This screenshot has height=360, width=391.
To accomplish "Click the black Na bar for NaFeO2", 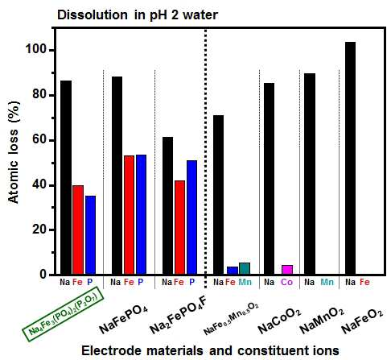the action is tap(350, 158).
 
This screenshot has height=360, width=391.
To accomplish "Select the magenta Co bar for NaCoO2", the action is tap(287, 270).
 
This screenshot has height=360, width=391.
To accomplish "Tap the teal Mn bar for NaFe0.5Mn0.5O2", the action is tap(245, 269).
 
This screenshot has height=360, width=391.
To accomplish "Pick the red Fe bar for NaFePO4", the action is tap(129, 215).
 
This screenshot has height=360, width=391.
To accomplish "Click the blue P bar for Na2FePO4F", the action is tap(191, 217).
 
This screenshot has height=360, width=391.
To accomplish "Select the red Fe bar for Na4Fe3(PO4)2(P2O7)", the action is tap(78, 230).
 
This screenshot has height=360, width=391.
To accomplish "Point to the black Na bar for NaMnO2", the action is tap(310, 174).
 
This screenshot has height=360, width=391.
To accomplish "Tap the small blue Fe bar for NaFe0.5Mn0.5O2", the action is tap(233, 271).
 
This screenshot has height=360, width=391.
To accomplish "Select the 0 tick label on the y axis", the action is tap(43, 275).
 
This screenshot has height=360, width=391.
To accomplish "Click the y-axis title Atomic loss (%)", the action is tap(14, 152).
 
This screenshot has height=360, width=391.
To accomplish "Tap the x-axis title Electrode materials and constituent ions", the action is tap(210, 350).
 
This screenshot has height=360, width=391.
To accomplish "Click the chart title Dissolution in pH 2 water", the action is tap(138, 14).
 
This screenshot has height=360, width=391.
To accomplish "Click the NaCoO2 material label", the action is tap(279, 321).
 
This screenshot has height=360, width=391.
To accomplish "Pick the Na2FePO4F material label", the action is tap(178, 317).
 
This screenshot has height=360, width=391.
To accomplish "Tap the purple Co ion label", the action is tap(286, 282).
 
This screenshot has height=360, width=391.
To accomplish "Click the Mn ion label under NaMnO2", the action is tap(327, 282).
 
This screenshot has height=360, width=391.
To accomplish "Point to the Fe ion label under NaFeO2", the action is tap(364, 282).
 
